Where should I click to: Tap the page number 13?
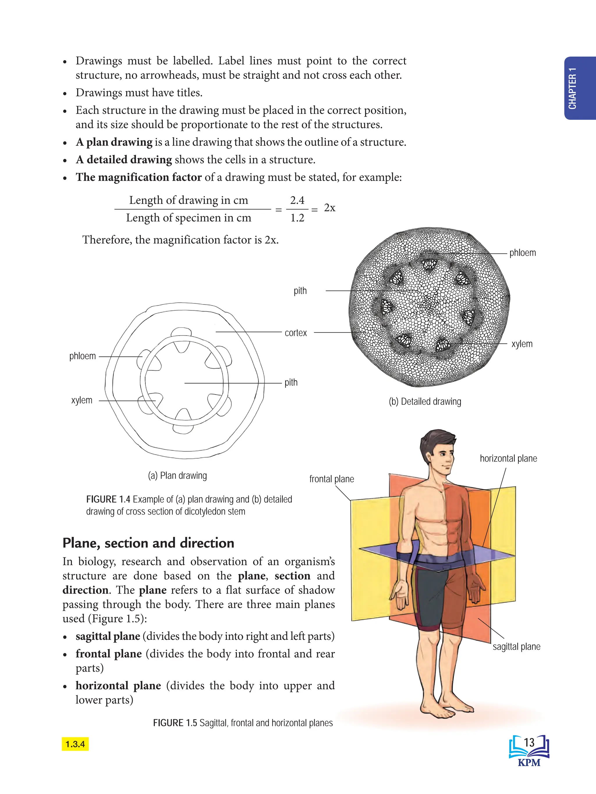point(529,742)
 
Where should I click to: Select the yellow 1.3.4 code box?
point(75,744)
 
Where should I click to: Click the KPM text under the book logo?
point(529,762)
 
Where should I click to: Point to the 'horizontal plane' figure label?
point(508,459)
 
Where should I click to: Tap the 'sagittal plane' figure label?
point(516,647)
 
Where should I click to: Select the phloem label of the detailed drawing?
point(522,253)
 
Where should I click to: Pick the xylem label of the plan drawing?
point(81,400)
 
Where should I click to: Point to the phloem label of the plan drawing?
point(82,356)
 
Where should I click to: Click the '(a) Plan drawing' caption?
point(177,476)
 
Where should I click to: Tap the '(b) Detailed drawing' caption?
point(425,402)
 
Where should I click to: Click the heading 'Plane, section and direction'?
point(148,543)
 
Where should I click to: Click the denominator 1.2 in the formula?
point(297,218)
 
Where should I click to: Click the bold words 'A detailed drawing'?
point(124,160)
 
